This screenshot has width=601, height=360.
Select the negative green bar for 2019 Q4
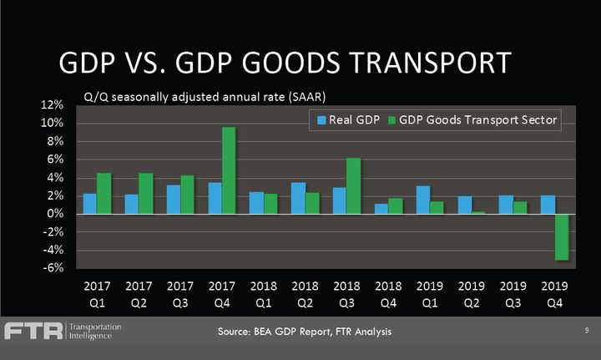[563, 237]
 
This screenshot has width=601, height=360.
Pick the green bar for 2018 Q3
[354, 185]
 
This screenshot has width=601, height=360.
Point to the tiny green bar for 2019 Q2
[479, 213]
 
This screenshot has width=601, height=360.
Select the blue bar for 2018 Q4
[381, 209]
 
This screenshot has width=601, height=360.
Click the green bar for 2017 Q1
[104, 193]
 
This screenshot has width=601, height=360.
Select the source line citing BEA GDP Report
[304, 332]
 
